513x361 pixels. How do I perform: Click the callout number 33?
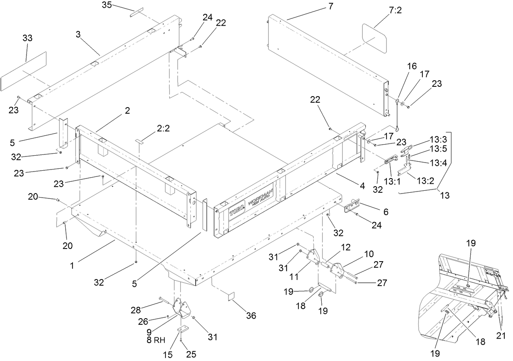point(28,38)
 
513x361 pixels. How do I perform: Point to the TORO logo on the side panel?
point(237,212)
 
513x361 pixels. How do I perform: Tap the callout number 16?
point(412,66)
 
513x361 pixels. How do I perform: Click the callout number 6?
point(386,212)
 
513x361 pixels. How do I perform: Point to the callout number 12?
point(346,247)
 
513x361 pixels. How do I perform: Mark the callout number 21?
point(501,335)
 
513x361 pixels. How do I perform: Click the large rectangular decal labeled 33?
point(24,71)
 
